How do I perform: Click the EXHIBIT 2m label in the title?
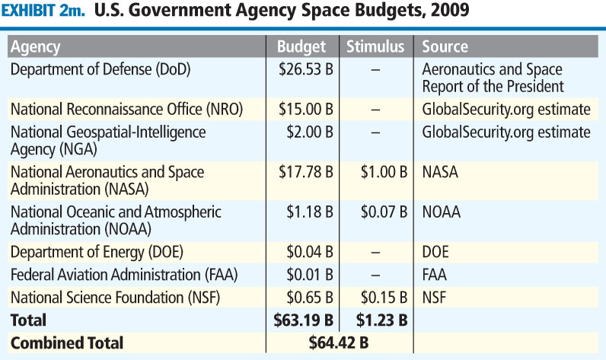pos(47,12)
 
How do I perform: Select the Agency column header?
pos(35,47)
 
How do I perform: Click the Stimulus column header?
pos(375,47)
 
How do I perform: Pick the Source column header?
pos(445,47)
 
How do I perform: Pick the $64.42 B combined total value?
pos(340,343)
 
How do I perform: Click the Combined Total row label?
pos(67,343)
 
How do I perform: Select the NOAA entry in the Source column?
pos(442,212)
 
